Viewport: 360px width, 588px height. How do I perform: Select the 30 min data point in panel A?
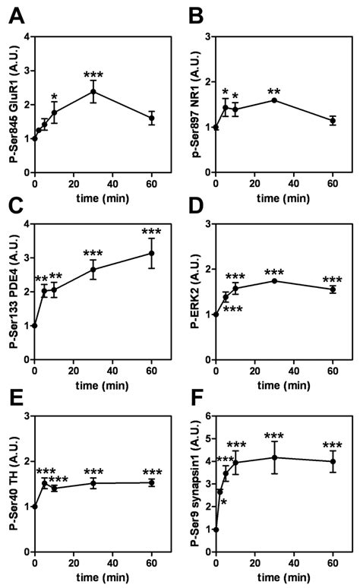[93, 92]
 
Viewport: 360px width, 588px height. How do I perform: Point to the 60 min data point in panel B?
[332, 121]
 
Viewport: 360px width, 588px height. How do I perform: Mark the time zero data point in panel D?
[216, 314]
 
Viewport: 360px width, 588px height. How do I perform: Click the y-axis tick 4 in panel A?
[26, 37]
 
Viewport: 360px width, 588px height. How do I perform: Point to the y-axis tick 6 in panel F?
[207, 416]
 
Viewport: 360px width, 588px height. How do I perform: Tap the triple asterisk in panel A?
[93, 74]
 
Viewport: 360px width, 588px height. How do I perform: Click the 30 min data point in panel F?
[273, 457]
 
